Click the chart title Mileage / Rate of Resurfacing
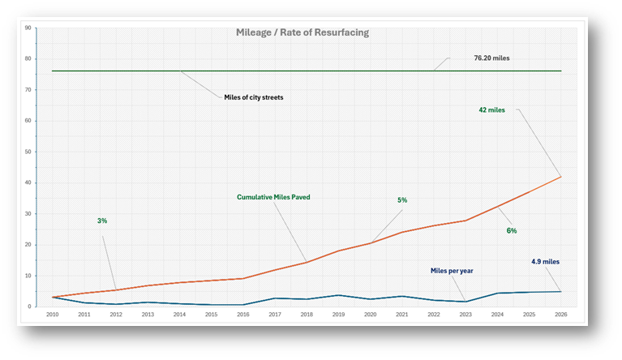[x=301, y=33]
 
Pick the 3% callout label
[x=102, y=221]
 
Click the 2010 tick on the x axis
[x=52, y=315]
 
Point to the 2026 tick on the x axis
[x=560, y=315]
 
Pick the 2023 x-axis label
[x=465, y=315]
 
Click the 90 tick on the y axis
[x=28, y=28]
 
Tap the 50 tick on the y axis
[x=28, y=152]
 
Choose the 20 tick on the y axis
[x=28, y=245]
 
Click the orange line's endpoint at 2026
[x=560, y=177]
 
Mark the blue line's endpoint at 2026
[x=560, y=291]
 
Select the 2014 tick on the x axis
[x=178, y=315]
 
